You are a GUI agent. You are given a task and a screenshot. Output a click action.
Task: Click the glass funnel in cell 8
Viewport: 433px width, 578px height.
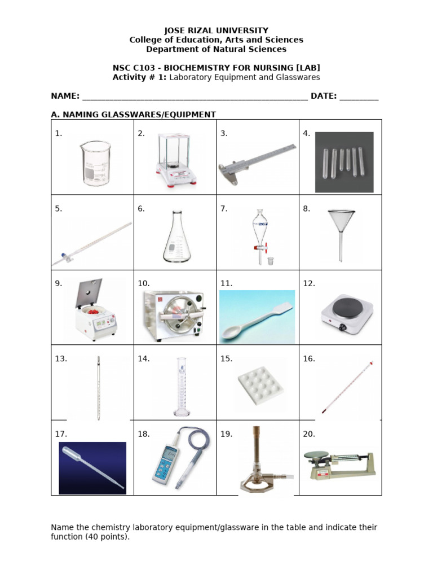340,231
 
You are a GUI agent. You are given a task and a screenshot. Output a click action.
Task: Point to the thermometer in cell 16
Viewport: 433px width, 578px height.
348,387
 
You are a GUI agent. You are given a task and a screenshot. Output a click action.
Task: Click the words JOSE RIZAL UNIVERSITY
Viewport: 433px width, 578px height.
216,30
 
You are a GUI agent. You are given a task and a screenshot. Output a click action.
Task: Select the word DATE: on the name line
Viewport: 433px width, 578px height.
323,96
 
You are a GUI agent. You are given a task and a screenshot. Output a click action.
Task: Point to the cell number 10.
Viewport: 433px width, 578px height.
143,284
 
